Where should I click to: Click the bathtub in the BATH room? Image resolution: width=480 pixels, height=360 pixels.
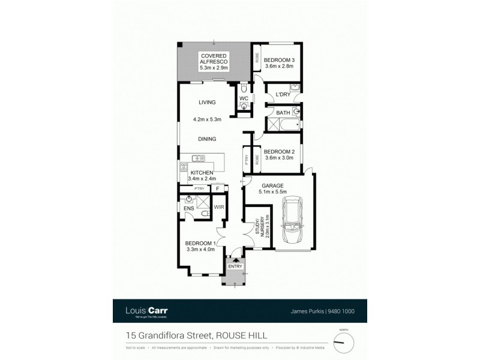point(284,125)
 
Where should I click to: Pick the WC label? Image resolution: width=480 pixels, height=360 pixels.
point(244,98)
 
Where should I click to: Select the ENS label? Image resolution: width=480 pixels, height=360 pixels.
point(188,209)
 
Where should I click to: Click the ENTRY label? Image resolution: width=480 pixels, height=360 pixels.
point(234,266)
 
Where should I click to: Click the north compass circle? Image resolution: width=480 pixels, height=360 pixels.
point(344,341)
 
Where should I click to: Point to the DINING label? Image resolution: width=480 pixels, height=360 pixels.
point(207,139)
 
